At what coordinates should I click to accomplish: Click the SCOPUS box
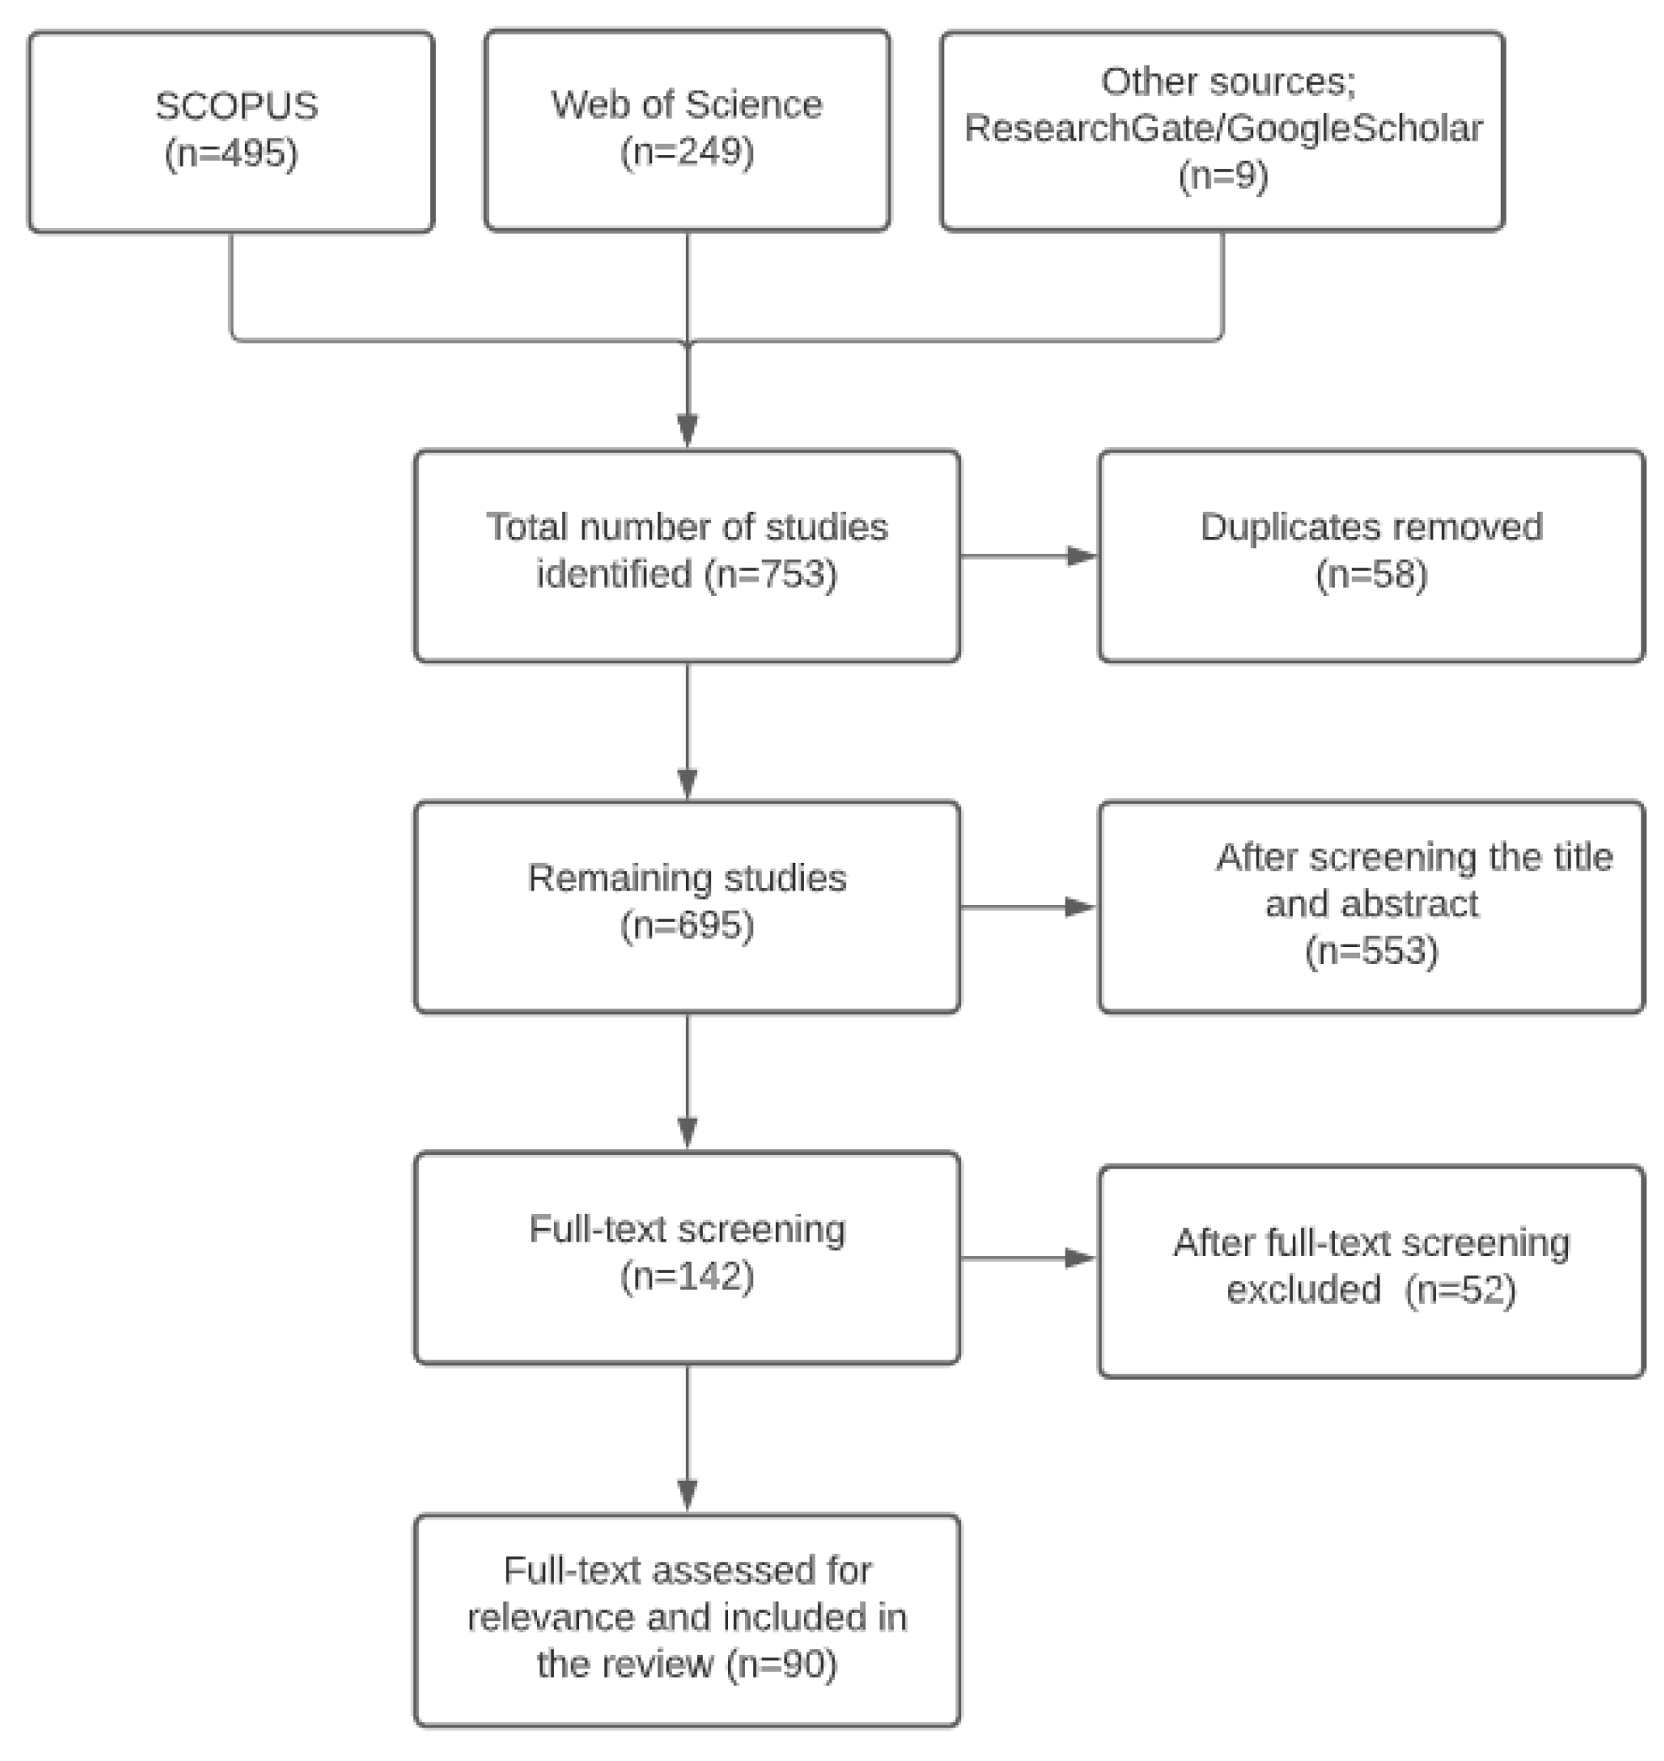231,131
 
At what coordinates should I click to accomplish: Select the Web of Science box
687,130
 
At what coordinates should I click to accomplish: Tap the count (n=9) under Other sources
1223,177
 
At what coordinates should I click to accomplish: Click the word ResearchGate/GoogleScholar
1223,130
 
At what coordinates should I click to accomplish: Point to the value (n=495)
231,154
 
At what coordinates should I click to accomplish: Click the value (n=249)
687,152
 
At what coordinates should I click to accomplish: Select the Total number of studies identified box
687,556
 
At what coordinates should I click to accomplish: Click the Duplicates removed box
1371,556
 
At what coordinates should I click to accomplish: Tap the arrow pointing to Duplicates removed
1029,556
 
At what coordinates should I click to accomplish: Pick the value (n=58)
1371,576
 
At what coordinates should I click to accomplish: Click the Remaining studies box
687,907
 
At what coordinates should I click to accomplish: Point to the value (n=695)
687,926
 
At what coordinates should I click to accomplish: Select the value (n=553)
1371,952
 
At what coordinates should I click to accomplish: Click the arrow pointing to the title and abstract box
1029,907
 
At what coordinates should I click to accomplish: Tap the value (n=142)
687,1278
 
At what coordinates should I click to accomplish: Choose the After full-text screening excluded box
1371,1270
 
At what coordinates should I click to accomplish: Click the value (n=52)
1460,1290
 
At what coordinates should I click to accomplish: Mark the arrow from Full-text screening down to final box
687,1437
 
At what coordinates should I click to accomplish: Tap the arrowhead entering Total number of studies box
687,431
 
